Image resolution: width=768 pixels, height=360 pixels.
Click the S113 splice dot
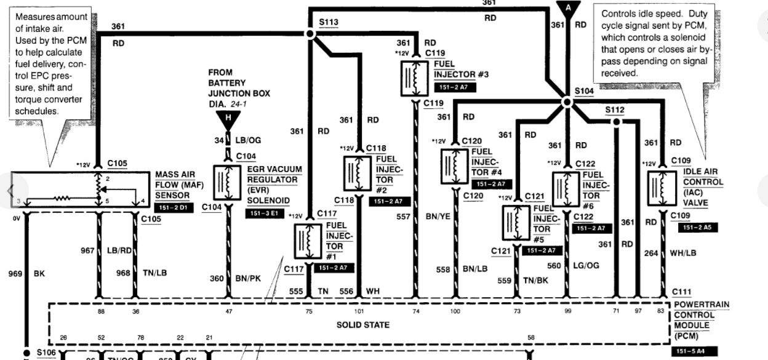pos(311,35)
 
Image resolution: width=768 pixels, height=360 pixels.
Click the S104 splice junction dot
pos(567,102)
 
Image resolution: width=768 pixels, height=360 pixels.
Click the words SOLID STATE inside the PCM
pos(363,324)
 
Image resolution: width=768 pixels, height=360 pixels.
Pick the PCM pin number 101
pos(359,312)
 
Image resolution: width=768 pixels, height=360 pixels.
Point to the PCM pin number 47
pos(228,312)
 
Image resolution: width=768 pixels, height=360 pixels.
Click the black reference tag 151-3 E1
pos(264,214)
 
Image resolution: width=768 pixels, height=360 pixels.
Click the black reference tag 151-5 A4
pos(694,352)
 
